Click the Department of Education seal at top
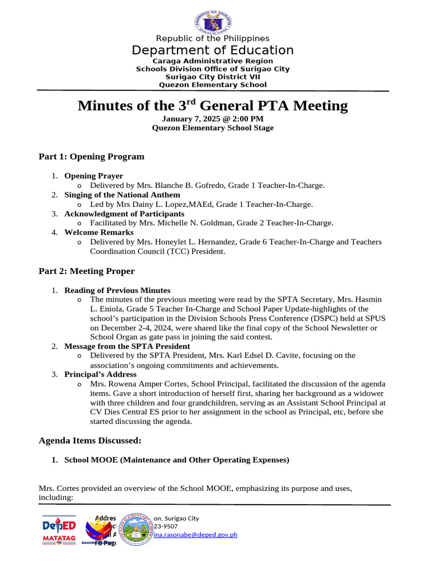tap(213, 23)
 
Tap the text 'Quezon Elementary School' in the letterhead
tap(212, 85)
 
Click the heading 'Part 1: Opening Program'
tap(91, 156)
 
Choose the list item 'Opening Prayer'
tap(93, 176)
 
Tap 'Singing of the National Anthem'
tap(122, 195)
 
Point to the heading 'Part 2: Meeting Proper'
tap(87, 271)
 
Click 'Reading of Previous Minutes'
tap(117, 290)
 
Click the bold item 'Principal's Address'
tap(99, 374)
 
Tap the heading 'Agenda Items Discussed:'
tap(90, 440)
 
